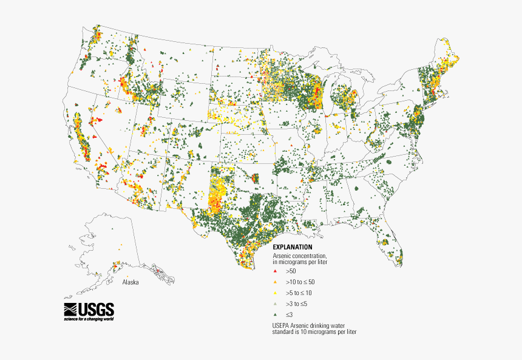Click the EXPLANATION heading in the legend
coord(293,247)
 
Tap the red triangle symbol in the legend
coord(276,271)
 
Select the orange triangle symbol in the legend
coord(276,282)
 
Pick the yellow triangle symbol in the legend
coord(276,293)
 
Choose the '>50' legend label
coord(291,271)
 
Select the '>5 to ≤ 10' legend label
coord(299,293)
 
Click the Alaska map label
coord(130,282)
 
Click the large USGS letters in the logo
coord(95,308)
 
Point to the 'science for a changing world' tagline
coord(89,319)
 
